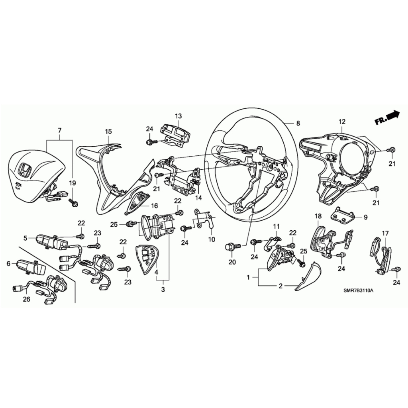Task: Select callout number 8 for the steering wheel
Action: coord(298,124)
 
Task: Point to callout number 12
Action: coord(342,122)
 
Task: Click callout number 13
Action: coord(178,116)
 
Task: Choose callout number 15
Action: coord(108,131)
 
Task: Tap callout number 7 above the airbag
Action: coord(60,130)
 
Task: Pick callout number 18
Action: coord(318,216)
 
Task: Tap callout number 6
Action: coord(9,263)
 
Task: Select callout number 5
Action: coord(25,238)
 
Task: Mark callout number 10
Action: coord(211,239)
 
